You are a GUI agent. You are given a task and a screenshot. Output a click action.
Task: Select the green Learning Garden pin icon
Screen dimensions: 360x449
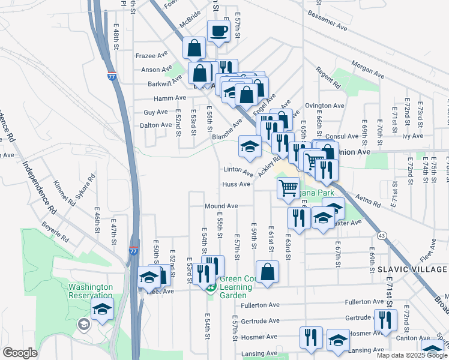(x=211, y=289)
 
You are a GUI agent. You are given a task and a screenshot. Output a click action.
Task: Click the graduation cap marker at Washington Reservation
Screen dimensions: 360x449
(x=103, y=310)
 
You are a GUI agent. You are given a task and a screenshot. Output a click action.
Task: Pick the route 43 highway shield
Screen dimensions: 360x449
(x=382, y=235)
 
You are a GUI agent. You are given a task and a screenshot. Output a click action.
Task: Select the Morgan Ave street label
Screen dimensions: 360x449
(x=367, y=62)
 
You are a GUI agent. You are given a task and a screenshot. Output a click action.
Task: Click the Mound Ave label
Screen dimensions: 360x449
(x=221, y=206)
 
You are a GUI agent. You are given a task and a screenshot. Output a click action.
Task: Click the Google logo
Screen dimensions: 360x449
(x=20, y=353)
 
